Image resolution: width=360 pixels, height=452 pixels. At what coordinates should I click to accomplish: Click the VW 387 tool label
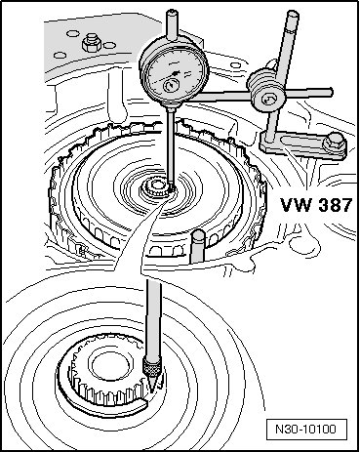point(316,205)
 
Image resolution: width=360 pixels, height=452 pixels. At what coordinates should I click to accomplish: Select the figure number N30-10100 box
point(306,430)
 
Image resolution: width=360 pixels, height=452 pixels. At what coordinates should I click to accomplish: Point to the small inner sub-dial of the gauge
point(171,86)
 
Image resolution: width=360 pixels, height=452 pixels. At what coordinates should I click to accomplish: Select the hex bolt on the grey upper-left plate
point(92,44)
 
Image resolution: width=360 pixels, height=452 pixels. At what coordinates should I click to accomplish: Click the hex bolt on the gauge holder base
point(334,143)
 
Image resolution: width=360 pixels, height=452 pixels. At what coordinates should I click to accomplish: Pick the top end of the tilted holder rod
point(293,14)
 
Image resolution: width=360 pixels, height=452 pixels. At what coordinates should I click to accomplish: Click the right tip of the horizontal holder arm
point(331,92)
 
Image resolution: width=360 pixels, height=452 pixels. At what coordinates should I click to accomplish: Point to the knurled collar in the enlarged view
point(151,367)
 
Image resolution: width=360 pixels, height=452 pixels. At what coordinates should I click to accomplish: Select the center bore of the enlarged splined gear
point(108,364)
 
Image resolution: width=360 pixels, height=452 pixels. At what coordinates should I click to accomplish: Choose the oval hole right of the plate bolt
point(110,45)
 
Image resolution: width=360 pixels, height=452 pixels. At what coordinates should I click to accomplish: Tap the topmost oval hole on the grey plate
point(72,33)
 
